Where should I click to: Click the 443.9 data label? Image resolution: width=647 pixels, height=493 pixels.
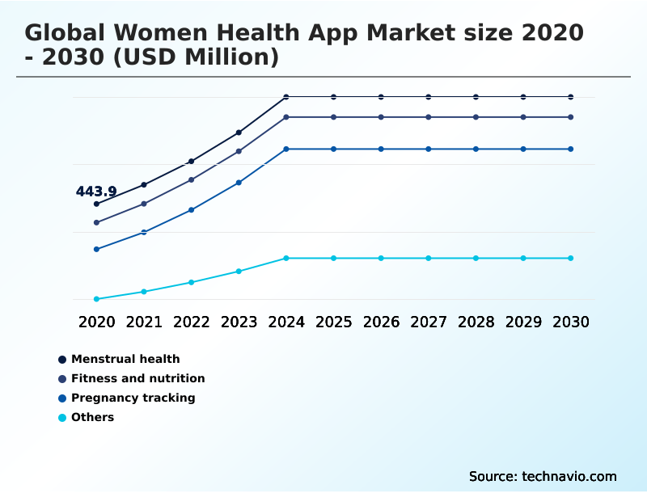click(x=96, y=192)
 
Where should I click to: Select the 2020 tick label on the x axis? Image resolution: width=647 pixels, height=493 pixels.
click(x=97, y=322)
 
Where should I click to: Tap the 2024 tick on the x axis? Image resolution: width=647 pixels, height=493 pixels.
click(x=286, y=322)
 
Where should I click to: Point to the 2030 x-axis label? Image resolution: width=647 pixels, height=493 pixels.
click(x=571, y=322)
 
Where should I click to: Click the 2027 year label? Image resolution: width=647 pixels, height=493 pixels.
click(x=429, y=322)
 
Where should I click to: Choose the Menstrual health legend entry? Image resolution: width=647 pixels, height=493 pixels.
click(x=125, y=359)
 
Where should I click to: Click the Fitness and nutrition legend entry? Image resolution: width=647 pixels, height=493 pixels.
click(x=137, y=378)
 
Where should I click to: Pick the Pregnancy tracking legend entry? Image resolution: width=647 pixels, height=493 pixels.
click(x=133, y=398)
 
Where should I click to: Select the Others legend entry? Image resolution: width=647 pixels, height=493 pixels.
click(x=92, y=417)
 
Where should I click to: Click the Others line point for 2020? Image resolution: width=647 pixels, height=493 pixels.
click(x=96, y=299)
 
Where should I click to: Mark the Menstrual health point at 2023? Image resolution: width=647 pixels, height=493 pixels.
click(x=239, y=132)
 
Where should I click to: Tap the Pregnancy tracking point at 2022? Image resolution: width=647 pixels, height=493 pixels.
click(x=192, y=209)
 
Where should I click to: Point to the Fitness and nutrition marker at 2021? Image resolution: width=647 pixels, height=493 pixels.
click(x=144, y=204)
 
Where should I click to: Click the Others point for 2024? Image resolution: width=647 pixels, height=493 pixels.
click(x=286, y=258)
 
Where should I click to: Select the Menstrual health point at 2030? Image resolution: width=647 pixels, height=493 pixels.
click(x=571, y=97)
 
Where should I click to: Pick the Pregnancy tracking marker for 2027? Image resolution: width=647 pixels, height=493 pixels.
click(x=429, y=149)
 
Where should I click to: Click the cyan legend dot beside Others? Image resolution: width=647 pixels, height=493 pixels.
click(x=62, y=417)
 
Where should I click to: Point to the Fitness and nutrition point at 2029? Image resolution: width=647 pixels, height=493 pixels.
click(x=523, y=117)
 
